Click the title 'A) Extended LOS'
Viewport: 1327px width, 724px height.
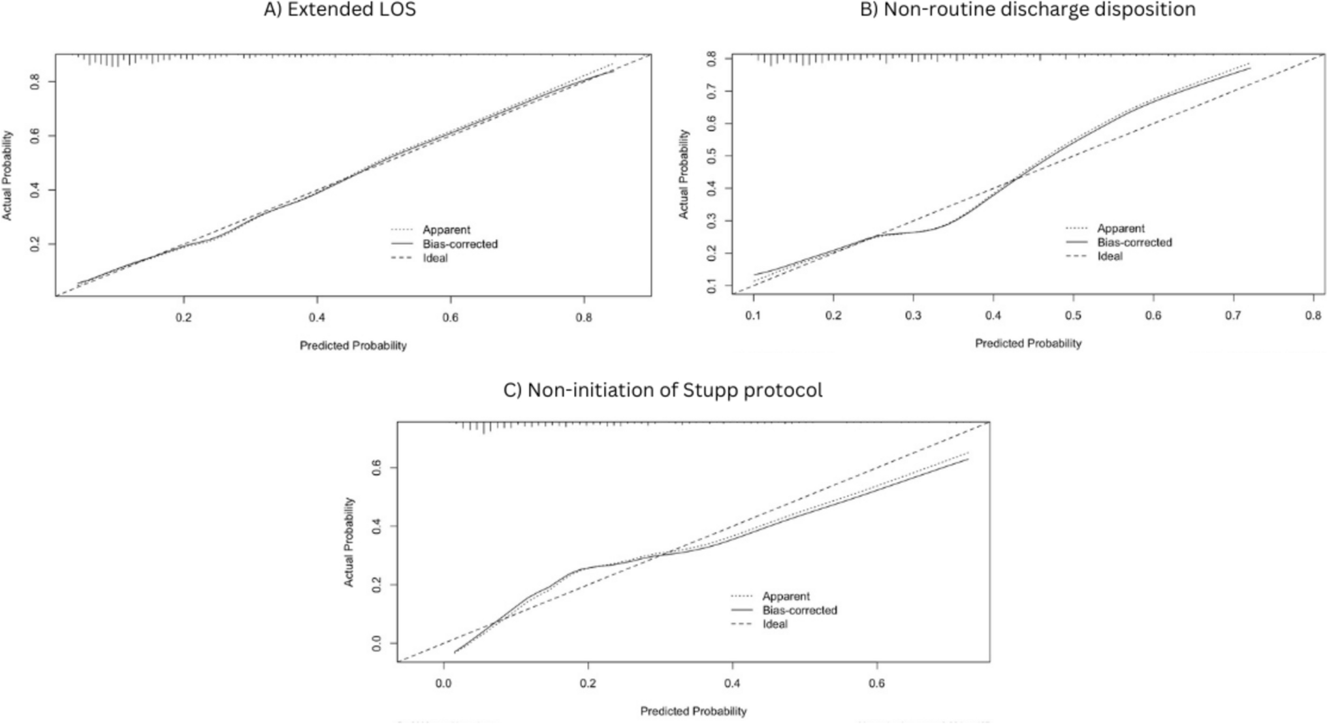coord(340,10)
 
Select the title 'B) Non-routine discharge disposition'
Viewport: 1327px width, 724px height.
coord(1028,10)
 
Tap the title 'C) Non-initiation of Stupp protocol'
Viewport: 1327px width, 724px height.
coord(663,390)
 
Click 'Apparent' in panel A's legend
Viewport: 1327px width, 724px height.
coord(446,230)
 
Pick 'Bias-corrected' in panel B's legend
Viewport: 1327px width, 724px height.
coord(1134,242)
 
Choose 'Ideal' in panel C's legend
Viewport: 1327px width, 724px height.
coord(775,624)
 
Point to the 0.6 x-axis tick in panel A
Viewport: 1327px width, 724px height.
coord(450,318)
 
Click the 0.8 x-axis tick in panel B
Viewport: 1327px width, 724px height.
coord(1313,316)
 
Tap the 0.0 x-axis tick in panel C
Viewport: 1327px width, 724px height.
coord(444,684)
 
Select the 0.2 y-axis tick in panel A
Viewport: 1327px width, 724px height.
coord(35,244)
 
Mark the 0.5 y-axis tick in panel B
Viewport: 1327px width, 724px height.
coord(711,156)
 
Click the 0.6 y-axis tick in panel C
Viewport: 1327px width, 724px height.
coord(376,468)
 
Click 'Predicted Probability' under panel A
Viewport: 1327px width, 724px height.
coord(353,345)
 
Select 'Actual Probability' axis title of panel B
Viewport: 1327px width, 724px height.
coord(684,174)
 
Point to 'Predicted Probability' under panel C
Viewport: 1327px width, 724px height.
coord(693,711)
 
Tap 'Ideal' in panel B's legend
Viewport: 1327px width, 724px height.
coord(1110,257)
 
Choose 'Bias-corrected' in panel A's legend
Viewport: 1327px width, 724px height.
coord(460,244)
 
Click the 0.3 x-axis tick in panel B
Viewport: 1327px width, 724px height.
coord(913,316)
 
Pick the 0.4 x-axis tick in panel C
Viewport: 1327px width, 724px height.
coord(732,684)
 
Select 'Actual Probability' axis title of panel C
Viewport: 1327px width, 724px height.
coord(349,542)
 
